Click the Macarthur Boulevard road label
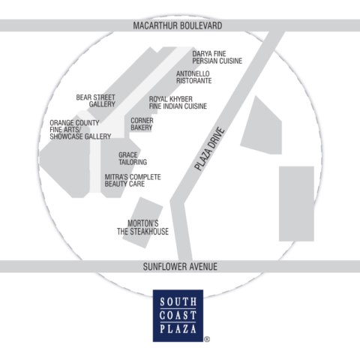click(x=178, y=25)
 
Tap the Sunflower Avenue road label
click(x=180, y=267)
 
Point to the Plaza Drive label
click(x=210, y=149)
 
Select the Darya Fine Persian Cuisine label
click(x=217, y=57)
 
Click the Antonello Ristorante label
click(x=193, y=77)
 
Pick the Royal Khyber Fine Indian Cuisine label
click(x=178, y=103)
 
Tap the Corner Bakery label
click(x=142, y=124)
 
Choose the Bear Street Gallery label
click(x=96, y=100)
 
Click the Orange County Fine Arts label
click(x=80, y=130)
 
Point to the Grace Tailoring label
click(x=133, y=159)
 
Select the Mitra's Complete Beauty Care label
click(x=133, y=181)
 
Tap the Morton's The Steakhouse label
click(x=142, y=227)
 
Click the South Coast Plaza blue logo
click(x=178, y=316)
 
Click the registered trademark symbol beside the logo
click(x=207, y=339)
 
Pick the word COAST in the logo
click(x=178, y=316)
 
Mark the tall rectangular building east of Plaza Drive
click(x=296, y=204)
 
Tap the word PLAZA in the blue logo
click(x=178, y=329)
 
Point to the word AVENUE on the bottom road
click(x=202, y=267)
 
